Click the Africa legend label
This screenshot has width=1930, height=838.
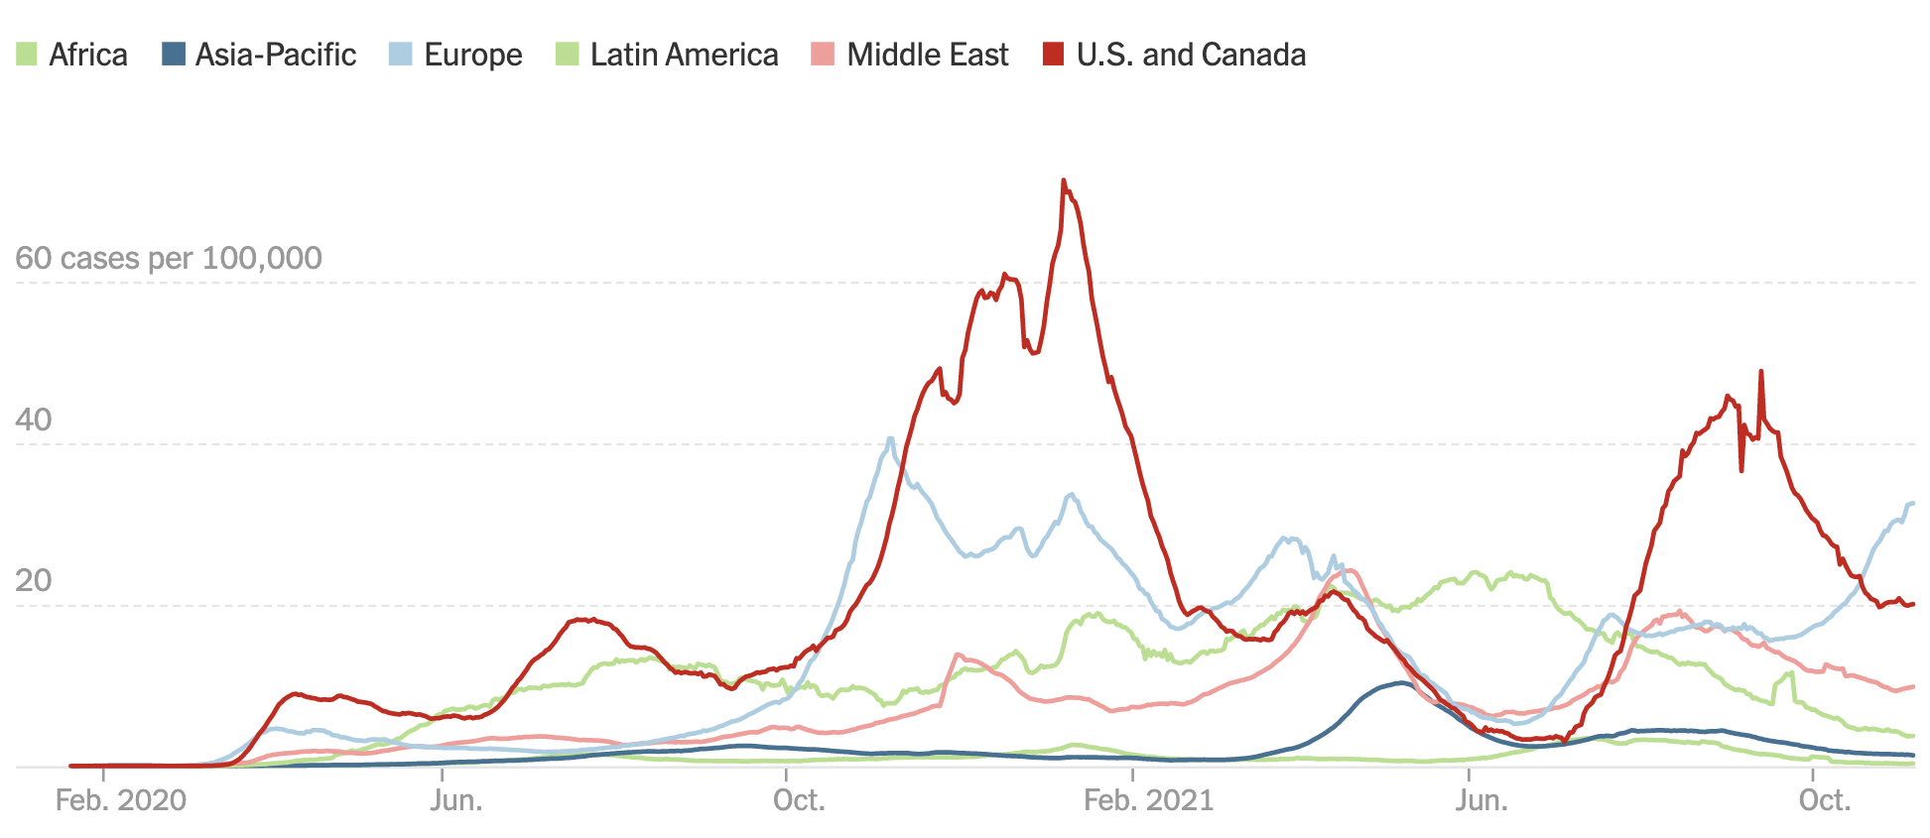[x=87, y=55]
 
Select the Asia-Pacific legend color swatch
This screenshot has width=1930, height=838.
[x=174, y=54]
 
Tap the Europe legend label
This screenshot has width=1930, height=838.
[x=472, y=55]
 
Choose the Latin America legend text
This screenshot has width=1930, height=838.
[x=684, y=55]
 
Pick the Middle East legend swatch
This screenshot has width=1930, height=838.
[x=823, y=54]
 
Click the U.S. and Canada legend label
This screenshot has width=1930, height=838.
[x=1191, y=55]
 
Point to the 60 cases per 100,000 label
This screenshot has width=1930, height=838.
[x=169, y=258]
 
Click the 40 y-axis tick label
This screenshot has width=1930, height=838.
[x=34, y=419]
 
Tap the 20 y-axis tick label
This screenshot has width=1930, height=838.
[x=34, y=580]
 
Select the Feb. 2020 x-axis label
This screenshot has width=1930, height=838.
[x=120, y=800]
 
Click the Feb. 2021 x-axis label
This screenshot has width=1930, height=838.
[x=1148, y=800]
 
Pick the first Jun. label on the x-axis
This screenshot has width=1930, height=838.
[x=456, y=800]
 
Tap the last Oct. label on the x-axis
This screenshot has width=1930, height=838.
[x=1825, y=800]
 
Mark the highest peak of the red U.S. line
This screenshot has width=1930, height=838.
[x=1064, y=181]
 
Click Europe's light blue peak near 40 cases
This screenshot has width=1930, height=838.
[x=891, y=438]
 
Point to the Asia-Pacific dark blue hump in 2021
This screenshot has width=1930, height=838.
[x=1399, y=683]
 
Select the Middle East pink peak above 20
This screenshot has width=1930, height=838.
[x=1350, y=571]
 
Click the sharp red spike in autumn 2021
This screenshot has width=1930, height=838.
[x=1761, y=372]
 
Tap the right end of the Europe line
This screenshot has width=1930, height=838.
[x=1912, y=504]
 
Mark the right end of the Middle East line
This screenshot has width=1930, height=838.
[x=1912, y=686]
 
